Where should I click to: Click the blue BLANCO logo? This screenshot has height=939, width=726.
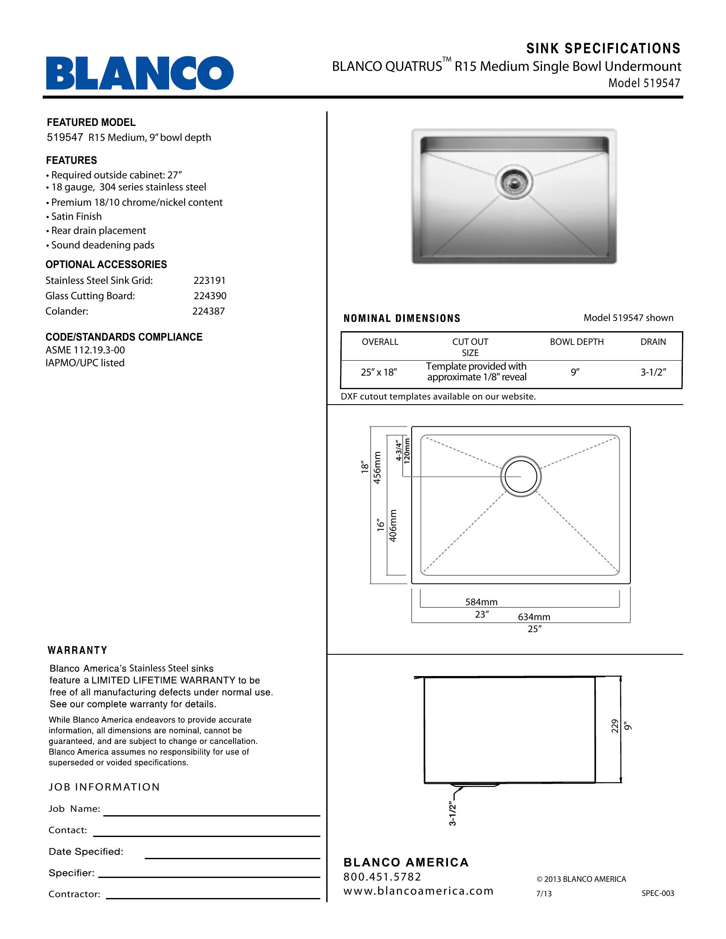(140, 73)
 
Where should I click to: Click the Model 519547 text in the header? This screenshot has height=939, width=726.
(644, 83)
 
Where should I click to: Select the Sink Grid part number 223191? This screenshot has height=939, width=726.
(209, 281)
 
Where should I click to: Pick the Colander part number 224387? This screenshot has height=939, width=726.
(208, 311)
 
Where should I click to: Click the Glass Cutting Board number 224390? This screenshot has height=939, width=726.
(210, 296)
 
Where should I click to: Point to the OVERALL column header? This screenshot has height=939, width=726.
(380, 342)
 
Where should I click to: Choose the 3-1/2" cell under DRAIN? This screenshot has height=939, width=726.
(653, 372)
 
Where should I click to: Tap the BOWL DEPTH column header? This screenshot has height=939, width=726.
(577, 342)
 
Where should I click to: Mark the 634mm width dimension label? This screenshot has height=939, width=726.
(534, 617)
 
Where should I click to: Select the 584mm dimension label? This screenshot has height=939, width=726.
(481, 602)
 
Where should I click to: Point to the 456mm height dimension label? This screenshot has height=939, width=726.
(377, 467)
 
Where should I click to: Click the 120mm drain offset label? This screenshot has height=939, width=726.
(407, 449)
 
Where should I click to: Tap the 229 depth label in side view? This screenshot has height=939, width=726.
(615, 726)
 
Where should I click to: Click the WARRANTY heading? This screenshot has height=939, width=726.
(77, 650)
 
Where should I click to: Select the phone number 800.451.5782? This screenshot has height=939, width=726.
(382, 877)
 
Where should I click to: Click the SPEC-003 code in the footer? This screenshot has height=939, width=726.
(658, 893)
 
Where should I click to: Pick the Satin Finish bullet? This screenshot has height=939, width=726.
(76, 217)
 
